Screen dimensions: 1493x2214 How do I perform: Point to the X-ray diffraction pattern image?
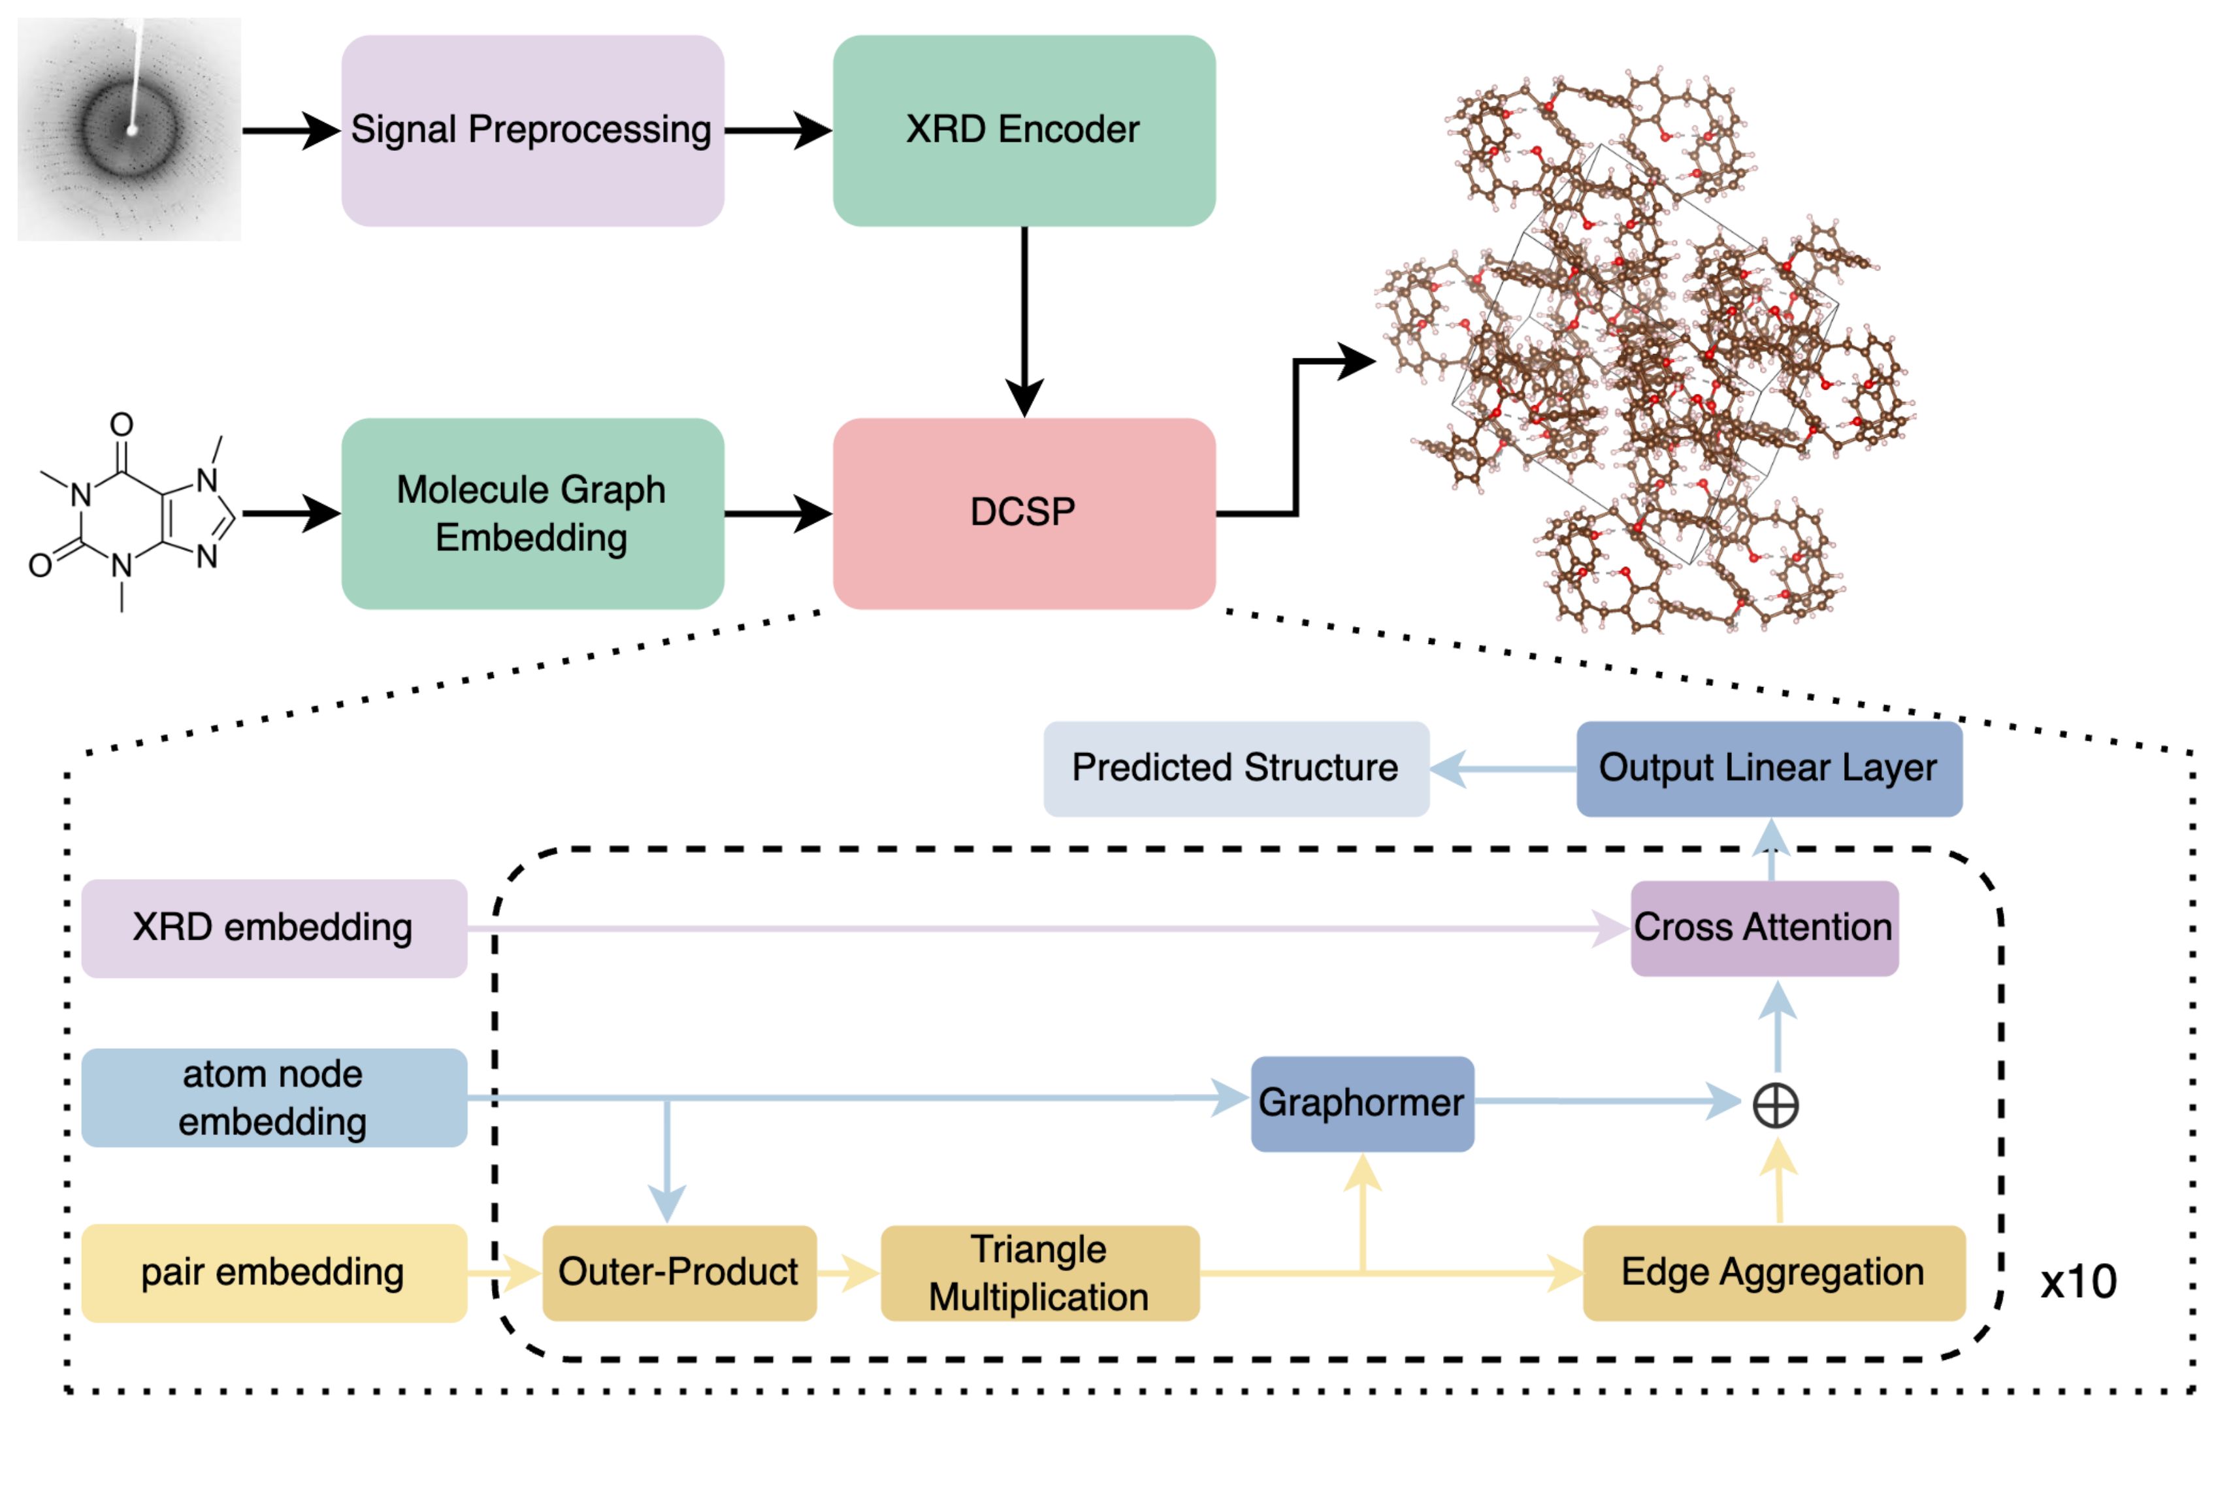[129, 129]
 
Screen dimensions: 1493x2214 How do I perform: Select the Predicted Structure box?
[1235, 767]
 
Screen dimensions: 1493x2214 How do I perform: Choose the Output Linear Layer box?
[1768, 767]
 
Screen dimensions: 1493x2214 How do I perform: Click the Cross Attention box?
[1764, 927]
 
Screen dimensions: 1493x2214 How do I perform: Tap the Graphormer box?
[1361, 1102]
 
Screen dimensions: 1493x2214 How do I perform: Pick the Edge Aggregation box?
[1773, 1272]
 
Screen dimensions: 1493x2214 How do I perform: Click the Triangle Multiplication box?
[1039, 1272]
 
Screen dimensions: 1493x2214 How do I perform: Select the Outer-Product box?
[678, 1272]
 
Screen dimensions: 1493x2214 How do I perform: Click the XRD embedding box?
[273, 927]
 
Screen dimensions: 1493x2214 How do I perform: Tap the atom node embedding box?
[273, 1097]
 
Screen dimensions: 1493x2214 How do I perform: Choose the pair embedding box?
[273, 1272]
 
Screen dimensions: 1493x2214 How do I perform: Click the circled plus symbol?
[1776, 1106]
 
